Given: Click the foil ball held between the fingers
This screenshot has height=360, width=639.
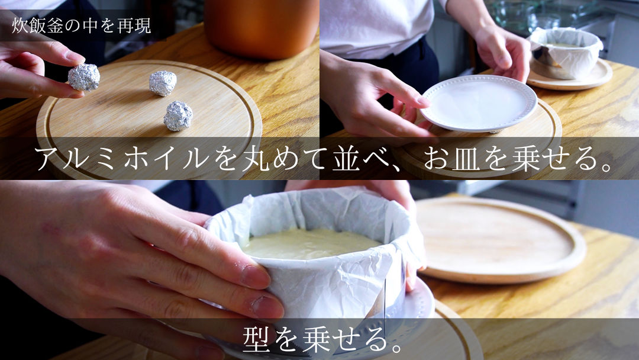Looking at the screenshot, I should coord(83,77).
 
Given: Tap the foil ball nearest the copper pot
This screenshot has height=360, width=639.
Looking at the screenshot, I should coord(163,83).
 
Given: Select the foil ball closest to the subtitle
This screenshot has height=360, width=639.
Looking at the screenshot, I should coord(178,115).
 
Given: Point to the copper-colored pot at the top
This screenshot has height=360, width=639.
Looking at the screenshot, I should coord(261,27).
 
